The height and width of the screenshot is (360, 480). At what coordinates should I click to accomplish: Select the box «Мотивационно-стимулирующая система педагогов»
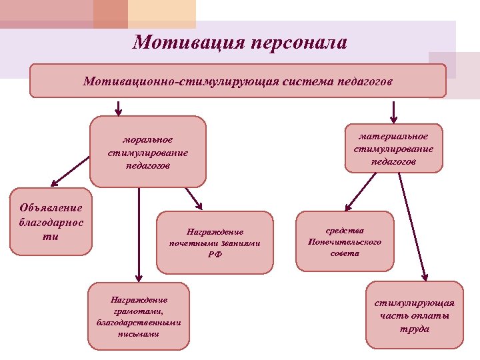click(x=238, y=81)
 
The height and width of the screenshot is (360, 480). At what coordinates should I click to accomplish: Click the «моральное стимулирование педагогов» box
click(x=148, y=152)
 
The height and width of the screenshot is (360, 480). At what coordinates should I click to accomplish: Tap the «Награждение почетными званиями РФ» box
click(x=215, y=243)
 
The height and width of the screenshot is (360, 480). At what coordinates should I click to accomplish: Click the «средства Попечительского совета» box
click(x=345, y=241)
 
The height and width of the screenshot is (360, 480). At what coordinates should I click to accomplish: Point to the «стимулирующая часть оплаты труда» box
click(x=414, y=315)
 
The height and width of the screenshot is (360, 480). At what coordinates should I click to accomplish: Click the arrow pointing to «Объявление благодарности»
click(x=70, y=170)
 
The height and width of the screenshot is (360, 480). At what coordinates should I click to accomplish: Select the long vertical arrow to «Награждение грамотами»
click(x=139, y=233)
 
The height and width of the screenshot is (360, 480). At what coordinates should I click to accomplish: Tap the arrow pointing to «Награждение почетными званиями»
click(x=193, y=197)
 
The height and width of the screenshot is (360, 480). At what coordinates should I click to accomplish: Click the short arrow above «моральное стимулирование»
click(x=119, y=107)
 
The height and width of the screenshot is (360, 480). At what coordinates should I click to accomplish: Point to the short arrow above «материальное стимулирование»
click(x=393, y=110)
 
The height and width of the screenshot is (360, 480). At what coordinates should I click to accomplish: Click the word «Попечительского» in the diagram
click(x=345, y=242)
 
